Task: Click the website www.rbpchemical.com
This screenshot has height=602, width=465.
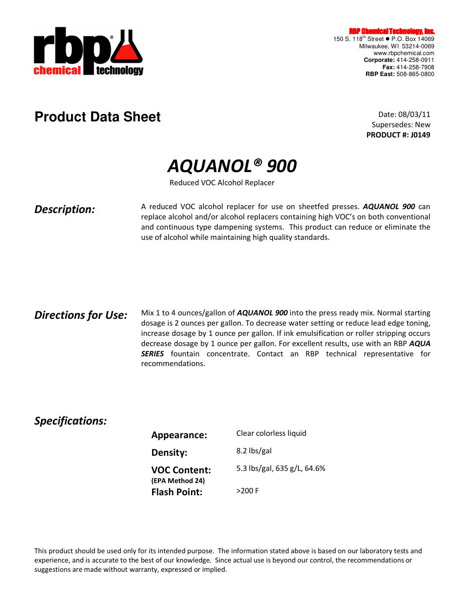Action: point(404,53)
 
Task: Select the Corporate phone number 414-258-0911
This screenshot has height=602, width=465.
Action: point(415,60)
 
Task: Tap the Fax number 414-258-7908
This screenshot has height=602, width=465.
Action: point(415,67)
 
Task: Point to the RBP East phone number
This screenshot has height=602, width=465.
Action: point(415,74)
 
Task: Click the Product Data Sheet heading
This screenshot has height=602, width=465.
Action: point(97,117)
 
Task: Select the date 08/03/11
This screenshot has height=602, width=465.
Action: point(414,115)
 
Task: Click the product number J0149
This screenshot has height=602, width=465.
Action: point(420,135)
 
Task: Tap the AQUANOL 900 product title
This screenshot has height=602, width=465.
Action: point(232,166)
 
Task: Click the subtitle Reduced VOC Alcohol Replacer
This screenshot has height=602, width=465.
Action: point(222,183)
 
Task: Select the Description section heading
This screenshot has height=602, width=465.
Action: point(65,210)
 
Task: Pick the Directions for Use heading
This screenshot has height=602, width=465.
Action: point(81,315)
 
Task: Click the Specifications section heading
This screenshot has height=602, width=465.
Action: point(71,421)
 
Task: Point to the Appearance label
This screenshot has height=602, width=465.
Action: point(179,435)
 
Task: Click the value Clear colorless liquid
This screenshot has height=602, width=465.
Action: point(271,433)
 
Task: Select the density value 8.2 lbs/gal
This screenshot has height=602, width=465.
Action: point(254,451)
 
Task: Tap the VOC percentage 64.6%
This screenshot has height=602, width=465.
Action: point(315,468)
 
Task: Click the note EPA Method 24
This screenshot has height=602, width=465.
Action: point(178,481)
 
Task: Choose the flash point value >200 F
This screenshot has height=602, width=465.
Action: point(248,491)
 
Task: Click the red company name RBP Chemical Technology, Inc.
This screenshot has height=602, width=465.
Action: point(391,31)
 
